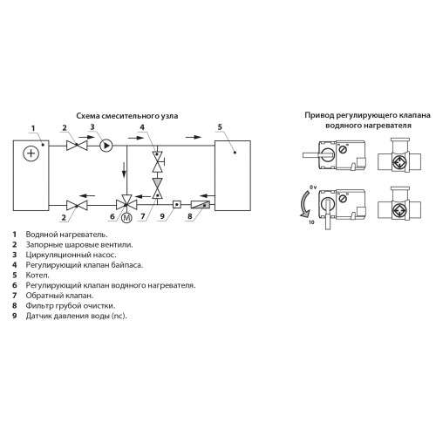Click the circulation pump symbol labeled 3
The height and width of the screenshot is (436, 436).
click(x=106, y=146)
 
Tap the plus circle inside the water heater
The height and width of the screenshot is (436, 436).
click(x=31, y=153)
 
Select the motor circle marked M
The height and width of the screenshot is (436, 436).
click(x=126, y=218)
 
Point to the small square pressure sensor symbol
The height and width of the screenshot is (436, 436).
click(x=177, y=205)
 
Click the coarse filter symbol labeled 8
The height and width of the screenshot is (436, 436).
click(x=201, y=205)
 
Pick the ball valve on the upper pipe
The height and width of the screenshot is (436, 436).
click(x=77, y=146)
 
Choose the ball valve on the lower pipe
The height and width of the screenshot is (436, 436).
click(x=77, y=205)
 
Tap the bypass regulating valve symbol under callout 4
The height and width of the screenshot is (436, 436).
click(x=159, y=161)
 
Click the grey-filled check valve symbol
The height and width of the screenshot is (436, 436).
click(x=158, y=188)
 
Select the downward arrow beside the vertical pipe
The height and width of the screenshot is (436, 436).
click(x=124, y=170)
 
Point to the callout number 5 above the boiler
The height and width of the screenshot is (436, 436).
click(x=220, y=126)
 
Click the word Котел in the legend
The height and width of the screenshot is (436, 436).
click(x=37, y=275)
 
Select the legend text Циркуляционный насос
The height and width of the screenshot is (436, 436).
click(x=71, y=255)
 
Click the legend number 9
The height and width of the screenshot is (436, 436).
click(x=15, y=316)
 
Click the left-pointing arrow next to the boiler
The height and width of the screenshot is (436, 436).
click(x=208, y=195)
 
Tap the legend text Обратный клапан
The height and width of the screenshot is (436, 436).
click(x=59, y=296)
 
